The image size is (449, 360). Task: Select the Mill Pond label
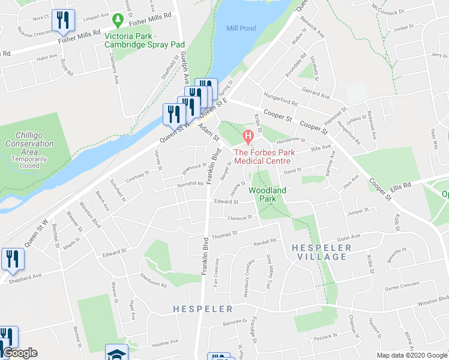(x=240, y=28)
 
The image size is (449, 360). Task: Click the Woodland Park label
(x=268, y=194)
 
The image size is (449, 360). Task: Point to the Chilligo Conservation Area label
(x=29, y=148)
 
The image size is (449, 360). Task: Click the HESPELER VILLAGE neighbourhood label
(x=319, y=252)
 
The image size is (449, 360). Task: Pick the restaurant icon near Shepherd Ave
(x=11, y=259)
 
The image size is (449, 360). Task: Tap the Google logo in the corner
(x=20, y=353)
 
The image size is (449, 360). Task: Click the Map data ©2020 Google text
(x=412, y=355)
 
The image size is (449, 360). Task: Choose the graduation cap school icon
(x=116, y=353)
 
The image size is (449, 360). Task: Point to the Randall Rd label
(x=264, y=241)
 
